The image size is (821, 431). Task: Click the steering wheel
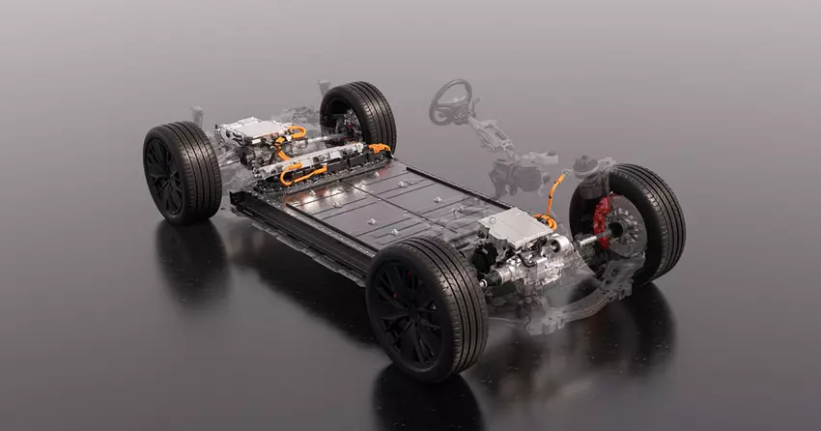coord(450,100)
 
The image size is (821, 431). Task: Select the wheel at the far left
coord(181,173)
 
